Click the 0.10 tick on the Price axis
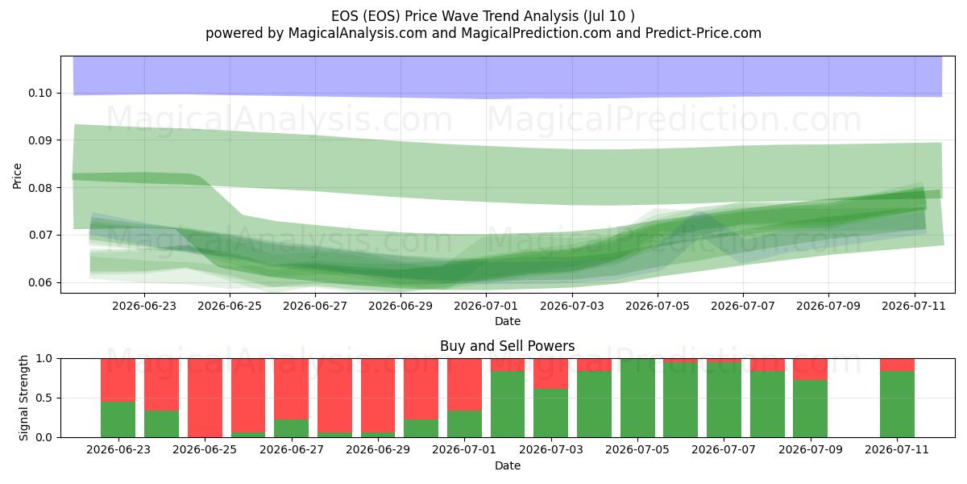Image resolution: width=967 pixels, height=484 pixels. tap(40, 93)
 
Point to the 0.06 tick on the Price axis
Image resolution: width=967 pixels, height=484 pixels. tap(40, 282)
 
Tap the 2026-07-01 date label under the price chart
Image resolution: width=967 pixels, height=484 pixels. tap(486, 306)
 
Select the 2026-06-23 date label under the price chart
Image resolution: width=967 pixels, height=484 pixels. tap(144, 306)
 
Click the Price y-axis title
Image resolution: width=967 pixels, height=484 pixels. tap(17, 176)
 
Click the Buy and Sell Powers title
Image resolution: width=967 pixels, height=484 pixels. tap(507, 346)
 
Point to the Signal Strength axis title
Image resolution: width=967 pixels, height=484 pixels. tap(23, 398)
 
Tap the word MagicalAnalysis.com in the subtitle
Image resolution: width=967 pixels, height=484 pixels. tap(358, 33)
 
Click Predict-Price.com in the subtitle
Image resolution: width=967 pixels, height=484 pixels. tap(703, 33)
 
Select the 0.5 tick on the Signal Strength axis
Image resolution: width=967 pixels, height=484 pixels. tap(44, 398)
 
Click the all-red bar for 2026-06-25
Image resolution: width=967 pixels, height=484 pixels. tap(205, 398)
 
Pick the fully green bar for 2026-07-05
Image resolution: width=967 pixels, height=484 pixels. tap(637, 398)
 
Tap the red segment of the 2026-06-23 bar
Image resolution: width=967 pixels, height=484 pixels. tap(118, 380)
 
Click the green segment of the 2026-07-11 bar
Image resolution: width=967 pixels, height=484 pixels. tap(897, 404)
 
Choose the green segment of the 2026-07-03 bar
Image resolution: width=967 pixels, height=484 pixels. tap(551, 413)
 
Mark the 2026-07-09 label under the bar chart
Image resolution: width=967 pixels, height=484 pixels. tap(811, 449)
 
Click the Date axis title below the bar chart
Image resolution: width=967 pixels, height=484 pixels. tap(507, 465)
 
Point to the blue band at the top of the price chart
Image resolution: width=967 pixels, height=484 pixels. tap(507, 77)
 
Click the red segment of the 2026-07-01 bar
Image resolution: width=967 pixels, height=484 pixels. tap(464, 385)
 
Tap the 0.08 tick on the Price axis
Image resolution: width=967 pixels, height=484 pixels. tap(40, 188)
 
